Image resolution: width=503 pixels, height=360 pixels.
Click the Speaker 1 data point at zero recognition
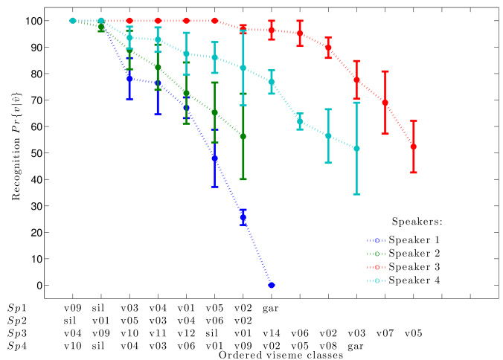coord(272,285)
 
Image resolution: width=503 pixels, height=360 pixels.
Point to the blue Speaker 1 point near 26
coord(243,217)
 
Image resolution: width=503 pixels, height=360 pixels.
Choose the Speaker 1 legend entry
coord(436,240)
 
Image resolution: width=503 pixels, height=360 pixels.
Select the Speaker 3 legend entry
coord(436,266)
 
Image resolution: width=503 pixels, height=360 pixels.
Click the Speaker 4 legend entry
coord(436,280)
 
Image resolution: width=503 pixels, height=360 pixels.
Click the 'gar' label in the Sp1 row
coord(271,306)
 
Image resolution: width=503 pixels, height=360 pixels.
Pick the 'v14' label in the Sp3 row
coord(271,332)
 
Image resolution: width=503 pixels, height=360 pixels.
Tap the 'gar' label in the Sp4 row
coord(356,345)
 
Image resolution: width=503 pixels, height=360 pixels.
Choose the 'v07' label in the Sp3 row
coord(384,332)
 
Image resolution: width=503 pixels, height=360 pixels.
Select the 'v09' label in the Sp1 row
coord(72,306)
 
